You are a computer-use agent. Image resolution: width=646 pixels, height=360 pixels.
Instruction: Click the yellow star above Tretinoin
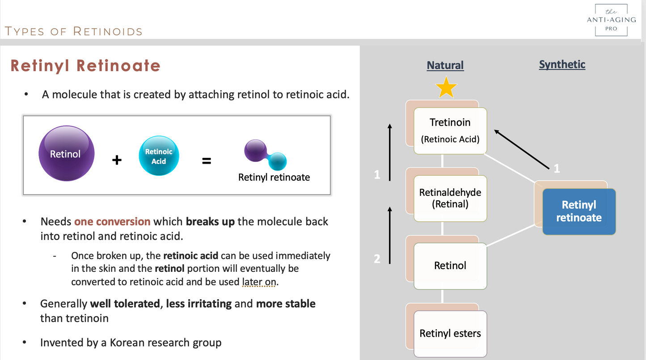[446, 87]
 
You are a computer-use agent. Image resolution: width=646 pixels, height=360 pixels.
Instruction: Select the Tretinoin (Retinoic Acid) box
[450, 131]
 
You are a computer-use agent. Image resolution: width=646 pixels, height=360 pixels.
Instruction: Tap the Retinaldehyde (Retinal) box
[450, 199]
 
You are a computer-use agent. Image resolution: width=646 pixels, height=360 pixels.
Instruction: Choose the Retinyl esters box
[450, 334]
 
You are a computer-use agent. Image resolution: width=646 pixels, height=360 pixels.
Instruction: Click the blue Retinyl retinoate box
[579, 212]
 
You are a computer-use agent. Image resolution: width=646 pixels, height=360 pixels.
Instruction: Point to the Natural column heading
[445, 65]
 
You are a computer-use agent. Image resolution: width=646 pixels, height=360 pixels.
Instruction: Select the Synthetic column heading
[562, 64]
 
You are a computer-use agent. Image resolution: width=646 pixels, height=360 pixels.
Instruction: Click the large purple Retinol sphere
[67, 153]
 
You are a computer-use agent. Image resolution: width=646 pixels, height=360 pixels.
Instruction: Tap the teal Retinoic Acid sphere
[159, 156]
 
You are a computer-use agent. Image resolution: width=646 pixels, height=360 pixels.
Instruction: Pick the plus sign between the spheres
[117, 160]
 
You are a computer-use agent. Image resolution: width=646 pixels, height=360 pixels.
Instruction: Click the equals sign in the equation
[207, 161]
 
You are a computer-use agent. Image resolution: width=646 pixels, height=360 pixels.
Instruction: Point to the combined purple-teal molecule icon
[265, 155]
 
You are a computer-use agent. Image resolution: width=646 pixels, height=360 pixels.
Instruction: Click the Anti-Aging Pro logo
[611, 20]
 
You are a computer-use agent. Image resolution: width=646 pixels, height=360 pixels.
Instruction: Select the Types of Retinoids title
[73, 31]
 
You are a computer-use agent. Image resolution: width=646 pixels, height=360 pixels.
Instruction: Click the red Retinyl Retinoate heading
[85, 65]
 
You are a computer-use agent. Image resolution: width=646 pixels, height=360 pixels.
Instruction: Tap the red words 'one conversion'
[112, 221]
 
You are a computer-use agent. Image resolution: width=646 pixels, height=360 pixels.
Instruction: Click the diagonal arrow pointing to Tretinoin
[522, 149]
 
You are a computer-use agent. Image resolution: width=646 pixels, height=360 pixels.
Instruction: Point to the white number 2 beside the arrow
[377, 259]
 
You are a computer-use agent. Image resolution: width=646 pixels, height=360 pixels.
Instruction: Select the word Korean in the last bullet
[127, 343]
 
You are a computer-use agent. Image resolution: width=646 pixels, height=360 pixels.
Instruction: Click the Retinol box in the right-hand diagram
[450, 266]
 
